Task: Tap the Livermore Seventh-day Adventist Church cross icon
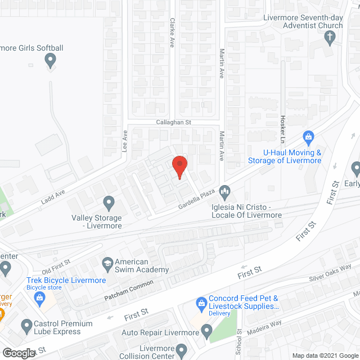(x=330, y=37)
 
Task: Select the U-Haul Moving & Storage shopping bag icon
(x=308, y=137)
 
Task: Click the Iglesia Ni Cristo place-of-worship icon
(x=225, y=192)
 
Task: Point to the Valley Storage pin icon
(x=109, y=202)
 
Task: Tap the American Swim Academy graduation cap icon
(x=106, y=262)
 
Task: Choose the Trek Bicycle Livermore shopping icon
(x=40, y=298)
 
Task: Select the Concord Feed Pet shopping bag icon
(x=201, y=304)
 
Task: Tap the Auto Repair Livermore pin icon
(x=207, y=331)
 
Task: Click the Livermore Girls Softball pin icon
(x=51, y=59)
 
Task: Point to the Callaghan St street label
(x=174, y=122)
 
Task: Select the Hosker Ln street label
(x=283, y=128)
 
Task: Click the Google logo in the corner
(x=18, y=353)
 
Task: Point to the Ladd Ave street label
(x=53, y=196)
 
